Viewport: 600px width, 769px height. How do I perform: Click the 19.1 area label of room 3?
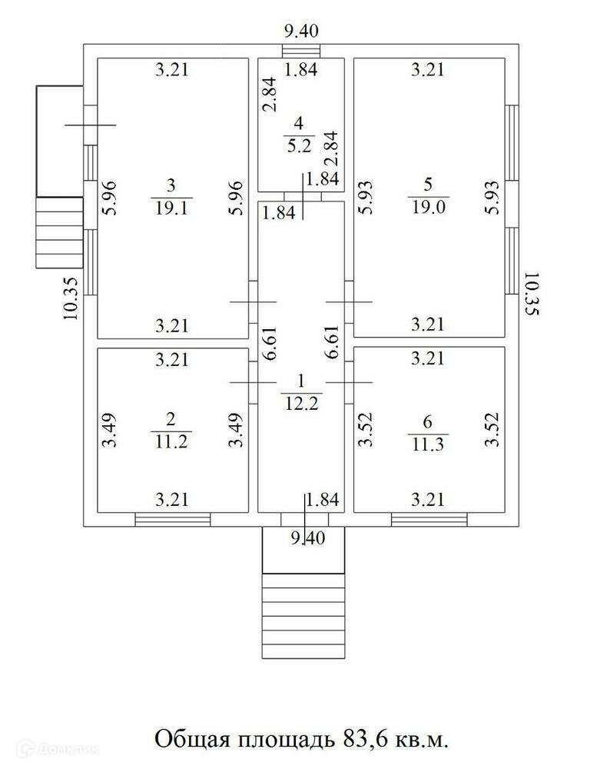[x=171, y=208]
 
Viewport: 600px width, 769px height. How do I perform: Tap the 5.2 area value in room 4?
[x=300, y=143]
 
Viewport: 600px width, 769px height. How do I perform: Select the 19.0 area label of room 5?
[x=428, y=208]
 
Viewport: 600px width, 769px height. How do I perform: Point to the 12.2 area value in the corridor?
[x=300, y=401]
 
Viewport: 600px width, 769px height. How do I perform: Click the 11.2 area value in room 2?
[x=171, y=441]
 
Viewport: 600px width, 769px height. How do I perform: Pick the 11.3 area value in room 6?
[x=428, y=442]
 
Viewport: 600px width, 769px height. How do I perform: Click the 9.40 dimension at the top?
[x=301, y=32]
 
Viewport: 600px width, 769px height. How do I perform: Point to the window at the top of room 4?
[x=301, y=52]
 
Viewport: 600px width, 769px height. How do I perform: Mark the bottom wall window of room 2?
[x=173, y=520]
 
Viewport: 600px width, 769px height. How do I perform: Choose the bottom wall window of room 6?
[x=429, y=520]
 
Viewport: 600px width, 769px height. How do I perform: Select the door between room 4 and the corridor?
[x=300, y=196]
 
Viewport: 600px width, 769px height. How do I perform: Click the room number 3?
[x=171, y=185]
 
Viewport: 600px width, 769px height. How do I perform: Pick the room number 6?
[x=428, y=421]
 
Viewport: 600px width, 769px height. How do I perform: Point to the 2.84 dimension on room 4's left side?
[x=269, y=95]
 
